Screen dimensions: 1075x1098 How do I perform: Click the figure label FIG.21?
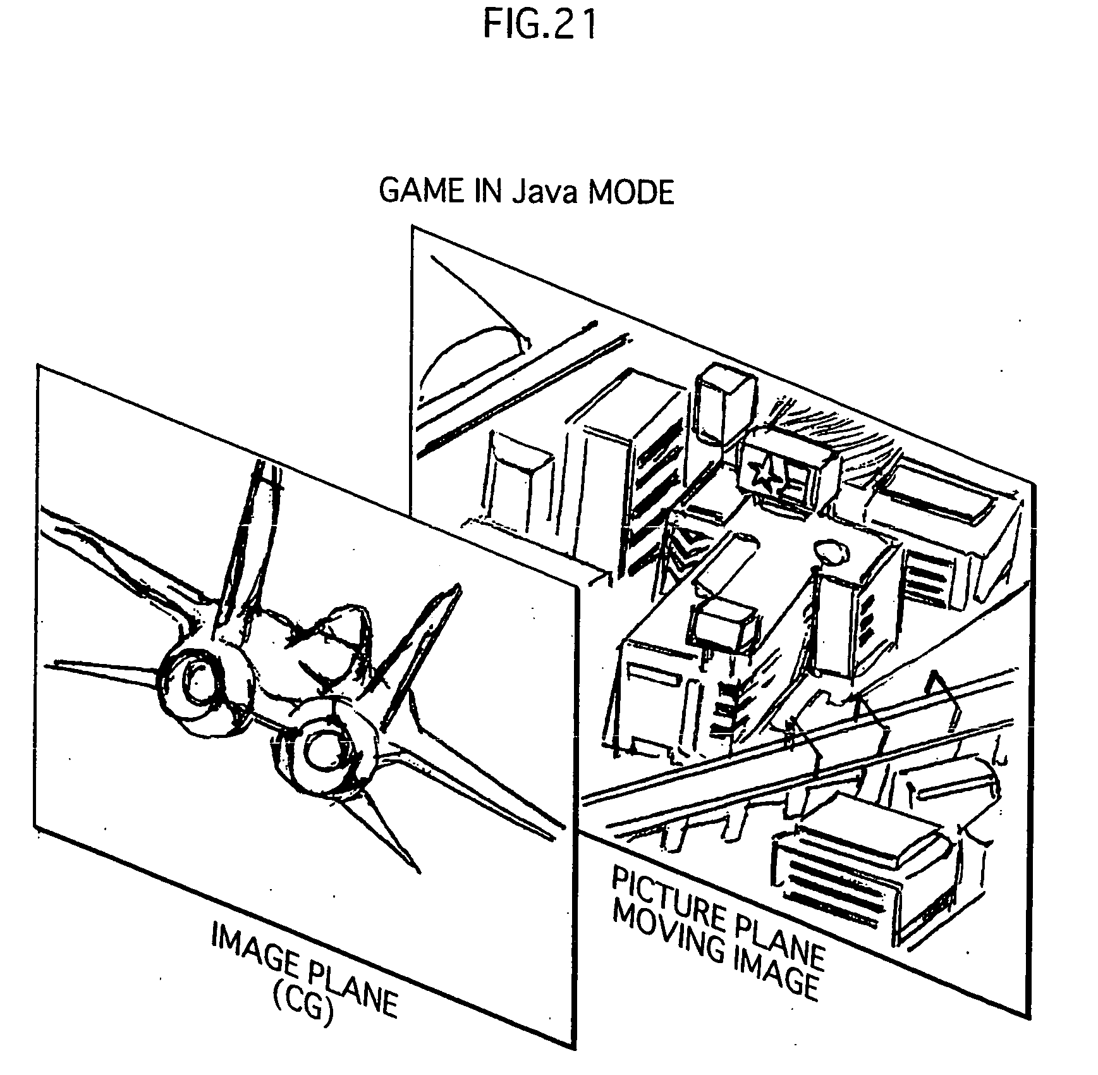tap(539, 26)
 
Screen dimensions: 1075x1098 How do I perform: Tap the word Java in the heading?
tap(544, 192)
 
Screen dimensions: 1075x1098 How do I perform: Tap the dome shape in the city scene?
tap(474, 357)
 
